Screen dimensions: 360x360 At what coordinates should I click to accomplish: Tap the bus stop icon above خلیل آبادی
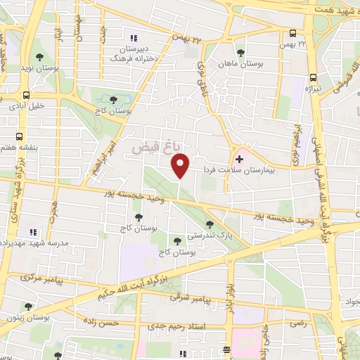(x=26, y=95)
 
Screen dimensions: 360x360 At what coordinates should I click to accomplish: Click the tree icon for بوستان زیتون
(x=27, y=307)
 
